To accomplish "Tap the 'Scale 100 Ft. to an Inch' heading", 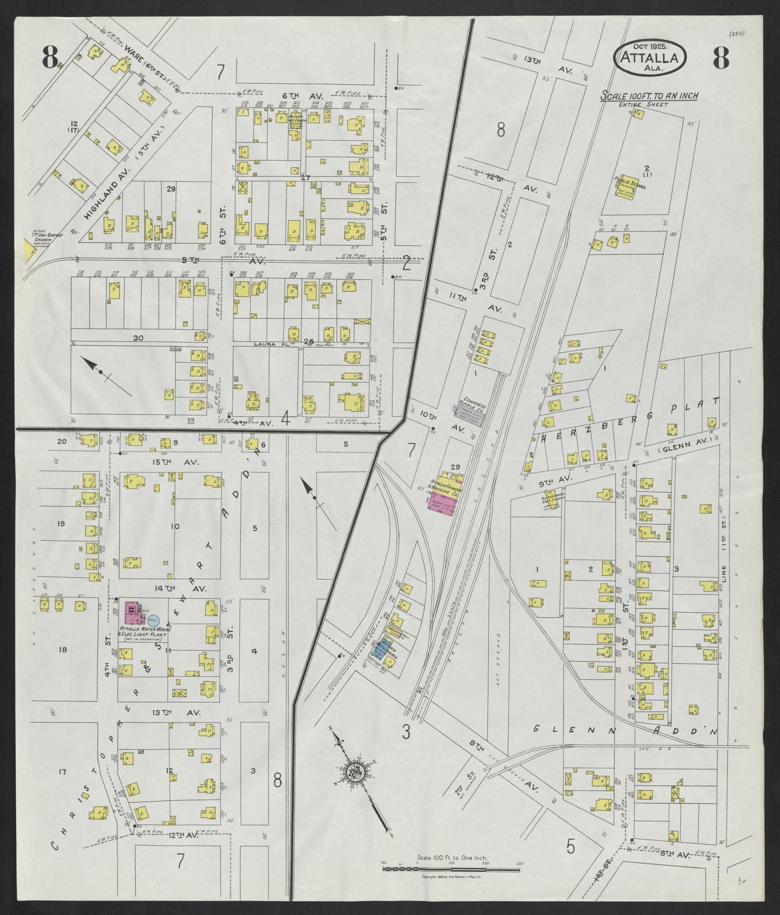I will click(x=650, y=96).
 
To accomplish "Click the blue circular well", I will click(x=153, y=621).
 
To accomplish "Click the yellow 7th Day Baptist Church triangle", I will click(x=26, y=249).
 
